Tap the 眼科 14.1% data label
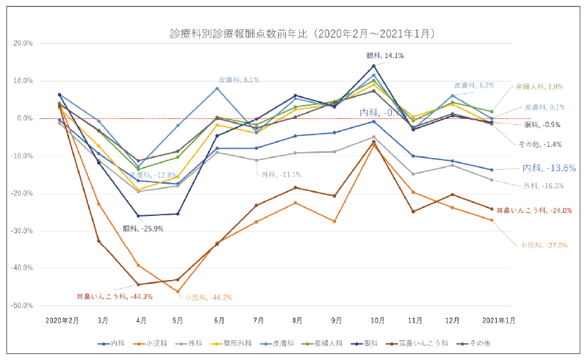384,55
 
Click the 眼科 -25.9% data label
144,228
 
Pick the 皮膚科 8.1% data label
239,79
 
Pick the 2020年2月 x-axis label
62,321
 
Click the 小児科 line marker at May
178,291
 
